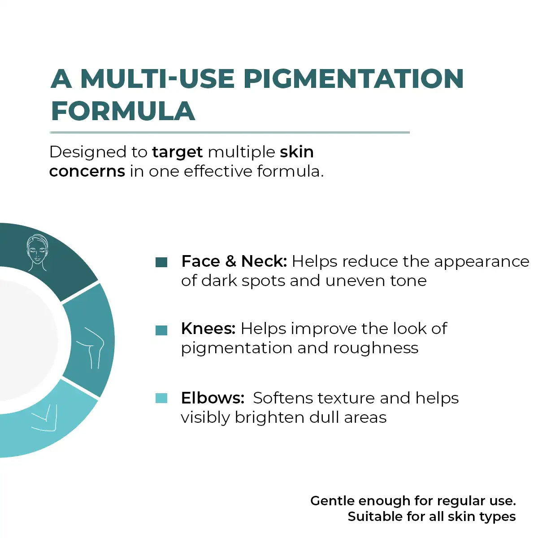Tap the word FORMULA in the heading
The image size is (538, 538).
coord(123,111)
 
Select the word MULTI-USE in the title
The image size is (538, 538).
coord(157,79)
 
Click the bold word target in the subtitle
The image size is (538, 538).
coord(178,152)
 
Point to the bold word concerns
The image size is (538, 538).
coord(87,171)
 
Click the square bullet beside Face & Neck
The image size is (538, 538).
coord(161,262)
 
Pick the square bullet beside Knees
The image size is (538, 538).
coord(161,330)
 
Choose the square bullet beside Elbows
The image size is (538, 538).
coord(161,398)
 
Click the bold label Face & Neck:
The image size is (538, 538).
coord(234,261)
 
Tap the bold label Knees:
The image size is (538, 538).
coord(208,329)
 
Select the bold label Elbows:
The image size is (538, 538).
coord(213,398)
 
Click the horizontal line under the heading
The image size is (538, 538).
coord(230,132)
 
